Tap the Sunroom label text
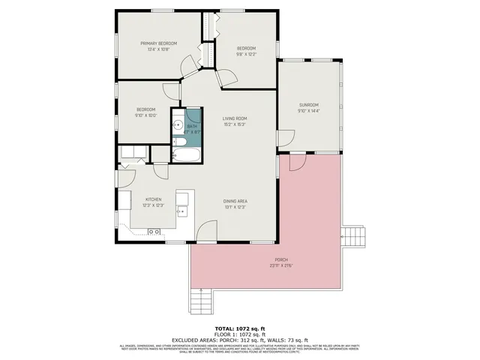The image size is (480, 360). pyautogui.click(x=308, y=104)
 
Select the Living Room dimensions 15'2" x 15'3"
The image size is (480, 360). pyautogui.click(x=234, y=125)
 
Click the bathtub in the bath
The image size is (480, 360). pyautogui.click(x=187, y=155)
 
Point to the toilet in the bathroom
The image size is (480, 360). pyautogui.click(x=178, y=142)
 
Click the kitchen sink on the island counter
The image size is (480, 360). pyautogui.click(x=181, y=212)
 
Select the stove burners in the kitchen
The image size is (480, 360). pyautogui.click(x=154, y=232)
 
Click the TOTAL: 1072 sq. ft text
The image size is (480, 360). pyautogui.click(x=240, y=328)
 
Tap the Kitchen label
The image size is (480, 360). pyautogui.click(x=153, y=199)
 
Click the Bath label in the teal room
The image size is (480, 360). pyautogui.click(x=193, y=126)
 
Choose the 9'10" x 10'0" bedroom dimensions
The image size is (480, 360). pyautogui.click(x=145, y=115)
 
